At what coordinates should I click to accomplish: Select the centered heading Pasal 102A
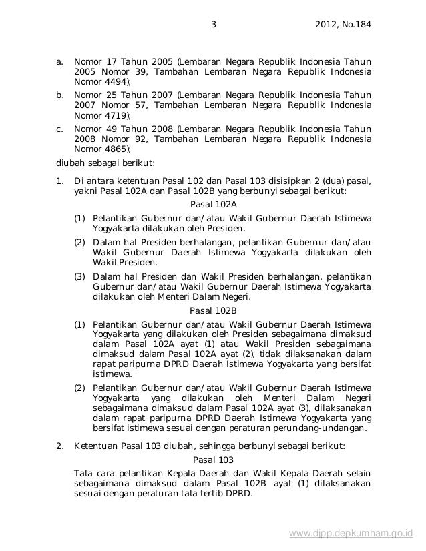[213, 205]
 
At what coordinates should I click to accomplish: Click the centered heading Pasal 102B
[213, 311]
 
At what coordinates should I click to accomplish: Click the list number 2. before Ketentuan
[59, 446]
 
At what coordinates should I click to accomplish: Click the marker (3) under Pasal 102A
[79, 276]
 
